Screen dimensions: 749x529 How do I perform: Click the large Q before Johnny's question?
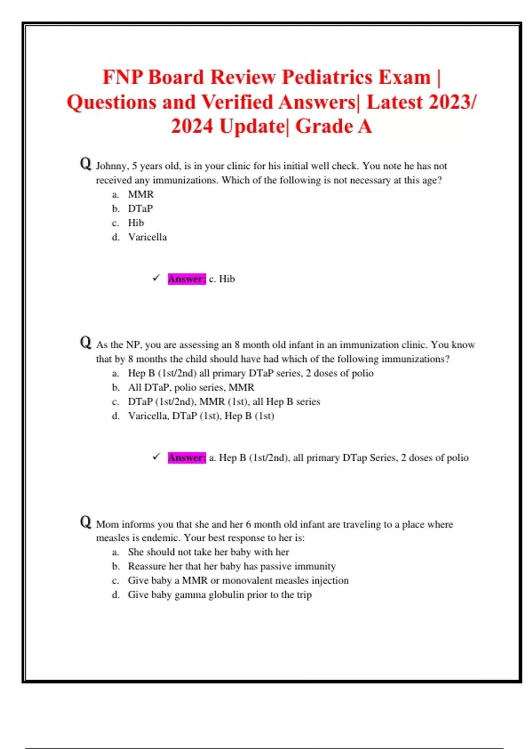pyautogui.click(x=86, y=164)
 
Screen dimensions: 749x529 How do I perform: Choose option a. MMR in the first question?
pyautogui.click(x=141, y=194)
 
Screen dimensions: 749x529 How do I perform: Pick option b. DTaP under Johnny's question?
pyautogui.click(x=140, y=208)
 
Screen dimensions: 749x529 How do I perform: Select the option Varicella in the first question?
pyautogui.click(x=147, y=237)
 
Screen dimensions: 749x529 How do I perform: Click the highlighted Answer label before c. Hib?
pyautogui.click(x=186, y=279)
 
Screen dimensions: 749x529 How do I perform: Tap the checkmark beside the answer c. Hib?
pyautogui.click(x=156, y=278)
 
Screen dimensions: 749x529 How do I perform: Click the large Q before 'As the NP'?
pyautogui.click(x=86, y=343)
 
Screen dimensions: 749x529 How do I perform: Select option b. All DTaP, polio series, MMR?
pyautogui.click(x=191, y=387)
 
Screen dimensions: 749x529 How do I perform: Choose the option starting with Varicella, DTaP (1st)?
pyautogui.click(x=201, y=416)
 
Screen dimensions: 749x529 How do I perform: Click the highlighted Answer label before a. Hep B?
pyautogui.click(x=186, y=458)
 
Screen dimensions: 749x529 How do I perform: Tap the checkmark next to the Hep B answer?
pyautogui.click(x=156, y=457)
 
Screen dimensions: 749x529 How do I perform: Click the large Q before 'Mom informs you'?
pyautogui.click(x=86, y=522)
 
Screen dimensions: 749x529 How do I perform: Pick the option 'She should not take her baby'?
pyautogui.click(x=208, y=552)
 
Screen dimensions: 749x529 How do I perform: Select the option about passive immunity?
pyautogui.click(x=231, y=566)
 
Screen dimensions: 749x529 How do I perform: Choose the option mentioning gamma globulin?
pyautogui.click(x=220, y=595)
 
